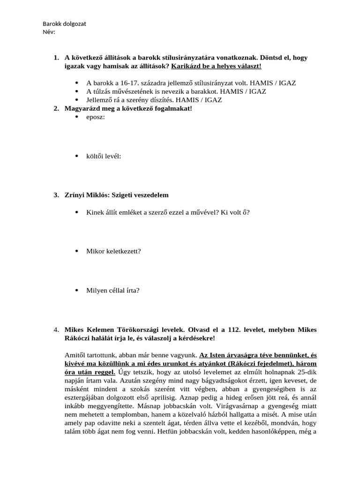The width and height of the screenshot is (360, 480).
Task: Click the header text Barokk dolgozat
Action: pos(64,23)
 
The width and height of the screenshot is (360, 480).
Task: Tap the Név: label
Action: pos(49,31)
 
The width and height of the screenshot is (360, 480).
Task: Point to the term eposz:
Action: pos(96,117)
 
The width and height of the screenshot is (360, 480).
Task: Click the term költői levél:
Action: pos(104,156)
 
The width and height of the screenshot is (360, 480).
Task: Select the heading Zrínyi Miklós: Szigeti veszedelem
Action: pos(116,195)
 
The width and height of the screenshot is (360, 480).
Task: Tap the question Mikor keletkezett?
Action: pos(113,251)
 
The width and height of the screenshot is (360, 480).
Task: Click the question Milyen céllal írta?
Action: pos(112,290)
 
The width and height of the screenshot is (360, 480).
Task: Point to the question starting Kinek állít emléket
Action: pos(168,212)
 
